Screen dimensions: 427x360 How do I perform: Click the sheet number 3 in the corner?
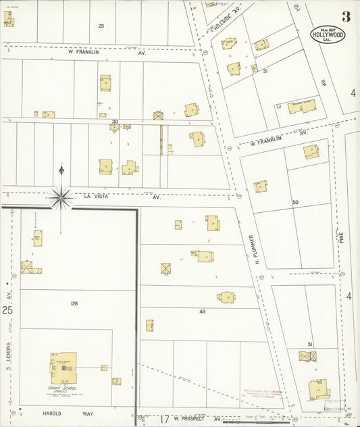(346, 16)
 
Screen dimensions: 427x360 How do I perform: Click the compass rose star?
(61, 197)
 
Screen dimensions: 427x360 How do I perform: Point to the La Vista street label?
(96, 197)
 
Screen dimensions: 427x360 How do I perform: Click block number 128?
(74, 304)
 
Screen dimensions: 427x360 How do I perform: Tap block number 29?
(101, 26)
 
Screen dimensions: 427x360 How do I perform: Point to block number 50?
(295, 202)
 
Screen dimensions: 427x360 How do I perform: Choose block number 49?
(202, 311)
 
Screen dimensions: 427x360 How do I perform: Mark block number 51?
(310, 344)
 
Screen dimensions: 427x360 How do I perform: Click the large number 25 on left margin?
(7, 310)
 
